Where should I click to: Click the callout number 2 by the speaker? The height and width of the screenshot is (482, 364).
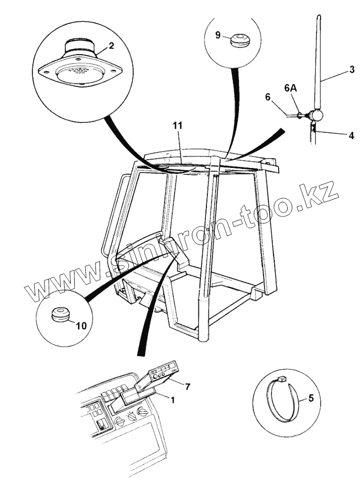(111, 46)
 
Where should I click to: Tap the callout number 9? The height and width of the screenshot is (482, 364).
(218, 35)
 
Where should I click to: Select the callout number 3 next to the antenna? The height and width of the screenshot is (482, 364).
(351, 71)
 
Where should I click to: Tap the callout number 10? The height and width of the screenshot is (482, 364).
(81, 326)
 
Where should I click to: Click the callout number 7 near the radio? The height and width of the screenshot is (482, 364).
(187, 386)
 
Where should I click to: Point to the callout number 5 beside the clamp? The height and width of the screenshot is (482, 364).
(311, 398)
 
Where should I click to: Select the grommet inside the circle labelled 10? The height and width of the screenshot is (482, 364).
(60, 315)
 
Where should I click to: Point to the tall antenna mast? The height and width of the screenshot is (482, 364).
(319, 61)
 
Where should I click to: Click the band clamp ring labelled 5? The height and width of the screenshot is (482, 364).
(283, 400)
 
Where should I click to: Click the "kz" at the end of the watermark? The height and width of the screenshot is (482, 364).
(324, 193)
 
